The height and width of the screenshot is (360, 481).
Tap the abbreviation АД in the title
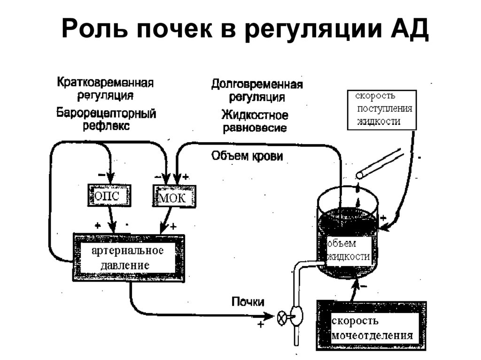(x=410, y=31)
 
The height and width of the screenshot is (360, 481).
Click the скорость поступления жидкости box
(x=381, y=109)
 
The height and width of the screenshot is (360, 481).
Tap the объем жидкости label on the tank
(x=348, y=250)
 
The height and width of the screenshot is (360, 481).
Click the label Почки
(x=248, y=302)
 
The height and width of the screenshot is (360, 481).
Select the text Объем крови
(x=247, y=156)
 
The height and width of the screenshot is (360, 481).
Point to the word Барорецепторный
(x=107, y=113)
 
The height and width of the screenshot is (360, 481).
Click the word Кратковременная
(x=106, y=83)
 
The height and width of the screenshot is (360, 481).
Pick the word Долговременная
(x=256, y=84)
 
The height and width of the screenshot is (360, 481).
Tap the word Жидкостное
(x=255, y=115)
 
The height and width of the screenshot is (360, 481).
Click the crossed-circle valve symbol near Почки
(x=282, y=318)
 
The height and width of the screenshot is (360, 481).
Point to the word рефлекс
(x=107, y=126)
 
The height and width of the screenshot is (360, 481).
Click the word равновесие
(x=255, y=128)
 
